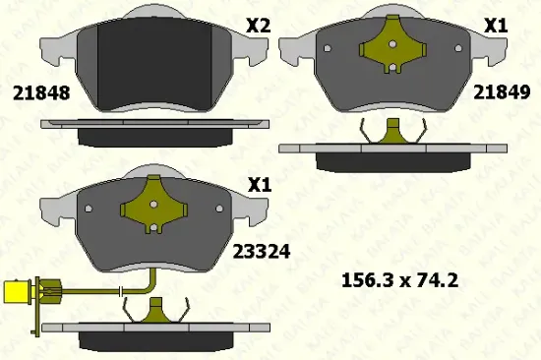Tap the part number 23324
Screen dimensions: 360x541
260,251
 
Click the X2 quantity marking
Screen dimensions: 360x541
258,28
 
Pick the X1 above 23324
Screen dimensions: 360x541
258,184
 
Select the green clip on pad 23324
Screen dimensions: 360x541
153,209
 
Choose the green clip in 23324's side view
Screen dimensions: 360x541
153,313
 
